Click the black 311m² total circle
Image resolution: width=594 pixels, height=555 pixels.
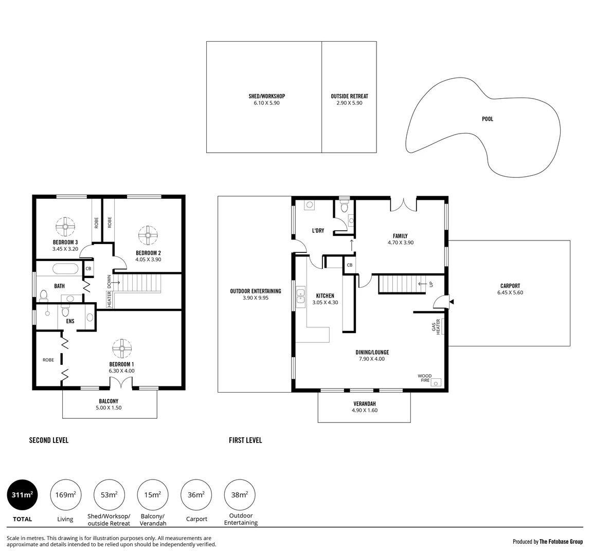[x=22, y=495]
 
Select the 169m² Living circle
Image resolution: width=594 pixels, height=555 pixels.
[x=65, y=495]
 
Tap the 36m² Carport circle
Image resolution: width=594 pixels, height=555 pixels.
[x=196, y=495]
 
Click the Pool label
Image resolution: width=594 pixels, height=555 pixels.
[x=487, y=119]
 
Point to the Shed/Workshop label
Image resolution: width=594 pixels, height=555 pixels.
[x=266, y=96]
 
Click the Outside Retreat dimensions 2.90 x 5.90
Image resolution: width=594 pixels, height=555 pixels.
[x=349, y=103]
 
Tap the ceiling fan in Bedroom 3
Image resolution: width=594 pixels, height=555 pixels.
[x=66, y=226]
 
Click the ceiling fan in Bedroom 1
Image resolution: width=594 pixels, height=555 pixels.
[x=122, y=348]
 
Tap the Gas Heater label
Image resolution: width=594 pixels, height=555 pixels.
[x=436, y=327]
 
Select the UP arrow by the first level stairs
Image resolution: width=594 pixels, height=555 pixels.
[x=423, y=284]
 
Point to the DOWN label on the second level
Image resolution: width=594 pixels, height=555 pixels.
[x=109, y=282]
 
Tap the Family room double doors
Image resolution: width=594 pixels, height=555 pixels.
[x=404, y=204]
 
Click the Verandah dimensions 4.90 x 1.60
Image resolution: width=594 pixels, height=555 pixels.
[x=365, y=411]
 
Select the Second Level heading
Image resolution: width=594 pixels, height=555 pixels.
[x=49, y=440]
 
